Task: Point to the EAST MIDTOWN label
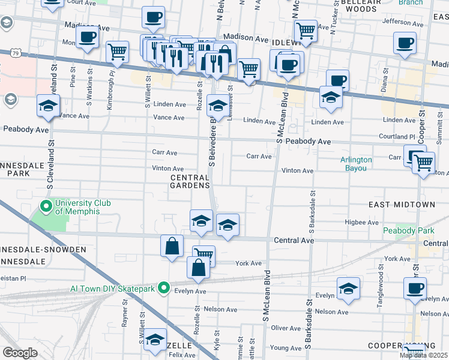tap(402, 205)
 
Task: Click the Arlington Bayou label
tap(356, 164)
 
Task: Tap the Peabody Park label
tap(401, 230)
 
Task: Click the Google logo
tap(20, 353)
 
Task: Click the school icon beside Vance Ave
tap(49, 106)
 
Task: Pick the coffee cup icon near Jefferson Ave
tap(405, 43)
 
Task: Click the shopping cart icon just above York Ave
tap(203, 254)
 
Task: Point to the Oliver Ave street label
tap(286, 328)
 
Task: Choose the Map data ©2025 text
tap(423, 355)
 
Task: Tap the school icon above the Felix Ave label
tap(155, 340)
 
